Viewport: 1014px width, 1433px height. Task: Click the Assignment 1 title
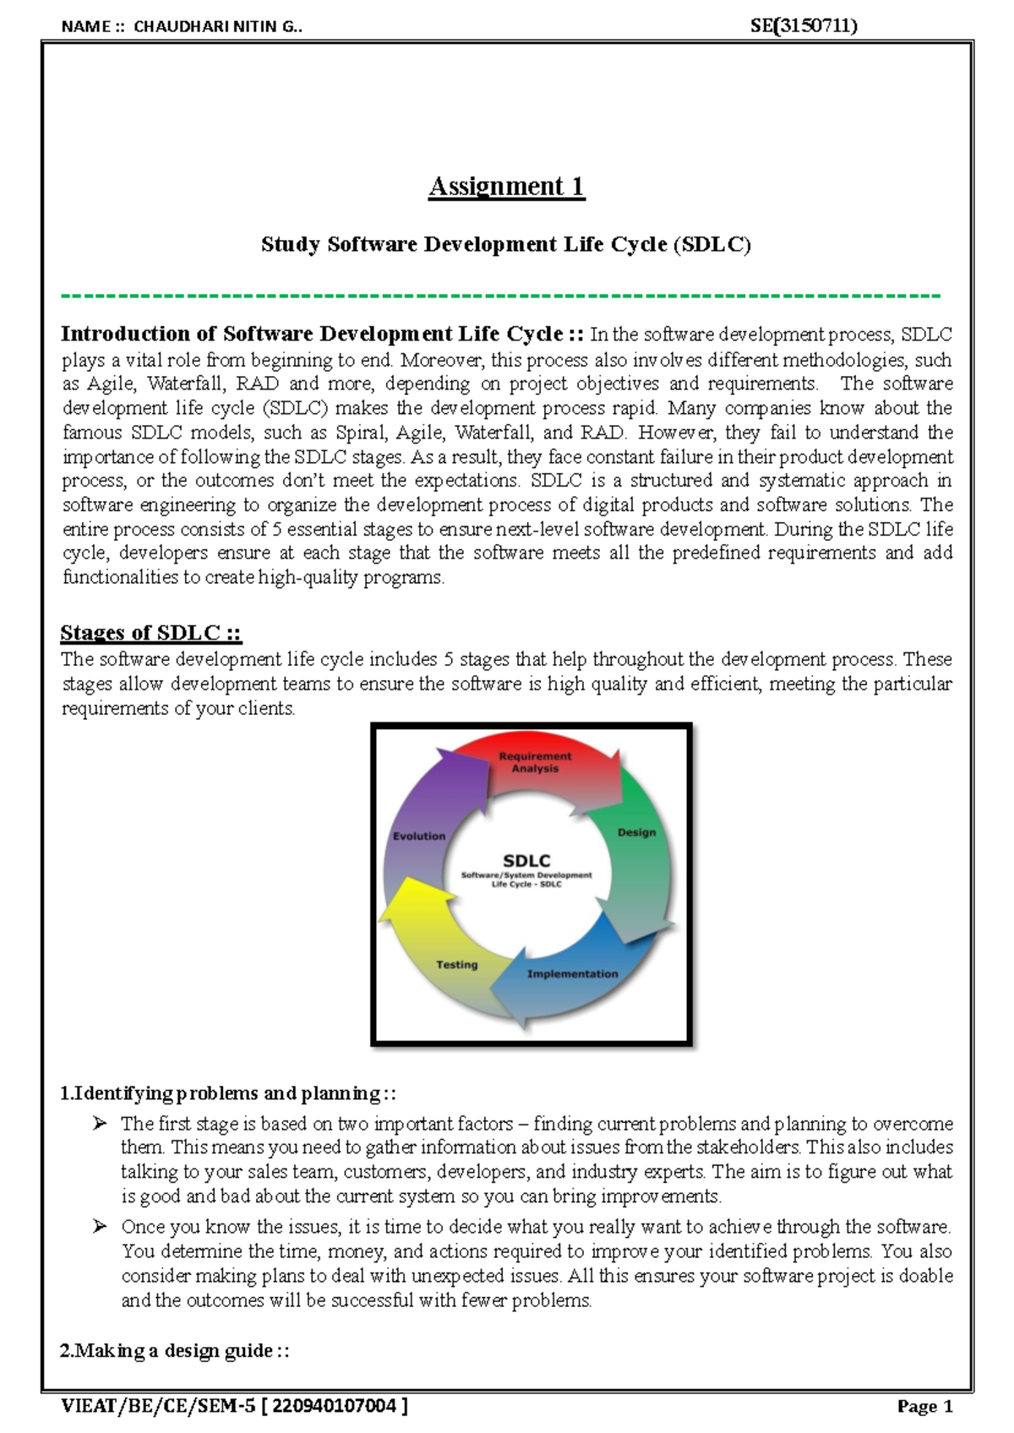tap(506, 186)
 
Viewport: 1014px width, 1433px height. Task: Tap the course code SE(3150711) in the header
tap(803, 25)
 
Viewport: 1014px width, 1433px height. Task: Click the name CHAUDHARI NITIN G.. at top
tap(217, 26)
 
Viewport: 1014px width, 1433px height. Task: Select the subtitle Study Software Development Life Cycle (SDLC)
tap(505, 245)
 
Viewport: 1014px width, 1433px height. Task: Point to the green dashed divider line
tap(500, 296)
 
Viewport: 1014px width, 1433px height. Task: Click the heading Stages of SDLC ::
tap(151, 633)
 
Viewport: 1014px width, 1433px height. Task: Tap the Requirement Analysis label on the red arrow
tap(535, 762)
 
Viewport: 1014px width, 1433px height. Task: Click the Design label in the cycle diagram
tap(636, 832)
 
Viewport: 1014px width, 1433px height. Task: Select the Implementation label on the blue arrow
tap(572, 973)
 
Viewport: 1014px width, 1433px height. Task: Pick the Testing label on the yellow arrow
tap(456, 964)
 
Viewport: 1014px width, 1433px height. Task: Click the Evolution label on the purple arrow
tap(419, 836)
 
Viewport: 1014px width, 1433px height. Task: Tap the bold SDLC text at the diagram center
tap(526, 860)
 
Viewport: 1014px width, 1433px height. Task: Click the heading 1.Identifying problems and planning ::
tap(228, 1093)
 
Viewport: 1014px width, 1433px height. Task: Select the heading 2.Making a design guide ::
tap(175, 1350)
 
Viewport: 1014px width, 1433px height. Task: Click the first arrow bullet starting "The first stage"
tap(101, 1123)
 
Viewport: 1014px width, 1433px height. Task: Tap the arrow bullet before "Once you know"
tap(101, 1226)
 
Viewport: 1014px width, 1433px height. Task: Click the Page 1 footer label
tap(924, 1407)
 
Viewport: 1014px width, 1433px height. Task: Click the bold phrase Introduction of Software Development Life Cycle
tap(312, 334)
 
